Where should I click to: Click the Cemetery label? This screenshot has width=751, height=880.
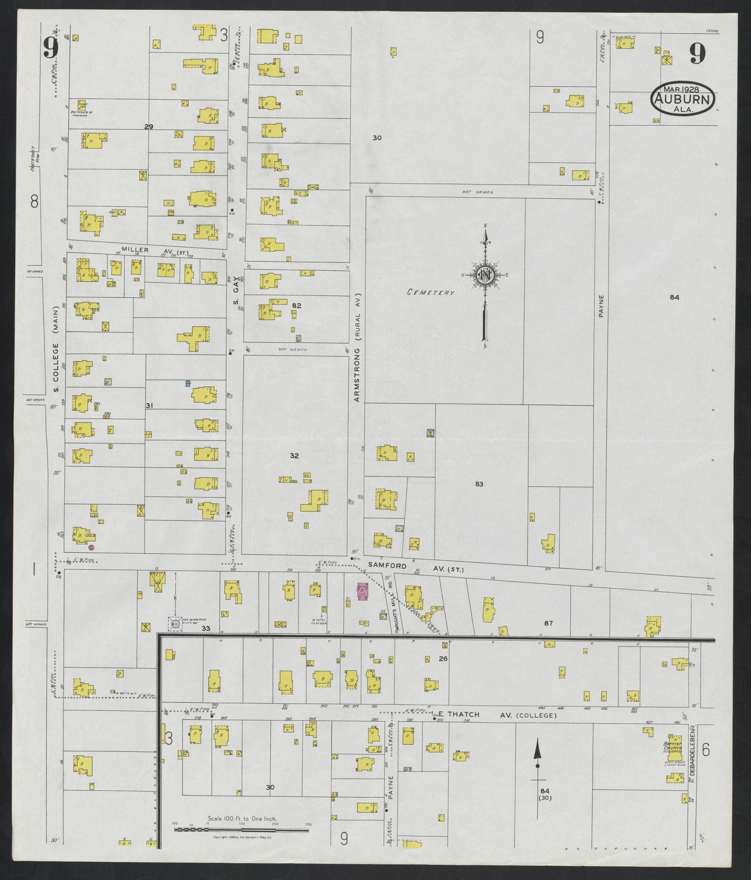click(x=430, y=292)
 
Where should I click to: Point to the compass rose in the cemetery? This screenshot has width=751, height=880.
click(x=484, y=275)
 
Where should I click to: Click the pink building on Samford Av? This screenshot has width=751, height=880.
click(x=362, y=592)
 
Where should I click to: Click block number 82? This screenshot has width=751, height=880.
click(x=296, y=306)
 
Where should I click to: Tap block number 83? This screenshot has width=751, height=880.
click(x=479, y=484)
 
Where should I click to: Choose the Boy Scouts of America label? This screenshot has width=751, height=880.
click(x=82, y=113)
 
